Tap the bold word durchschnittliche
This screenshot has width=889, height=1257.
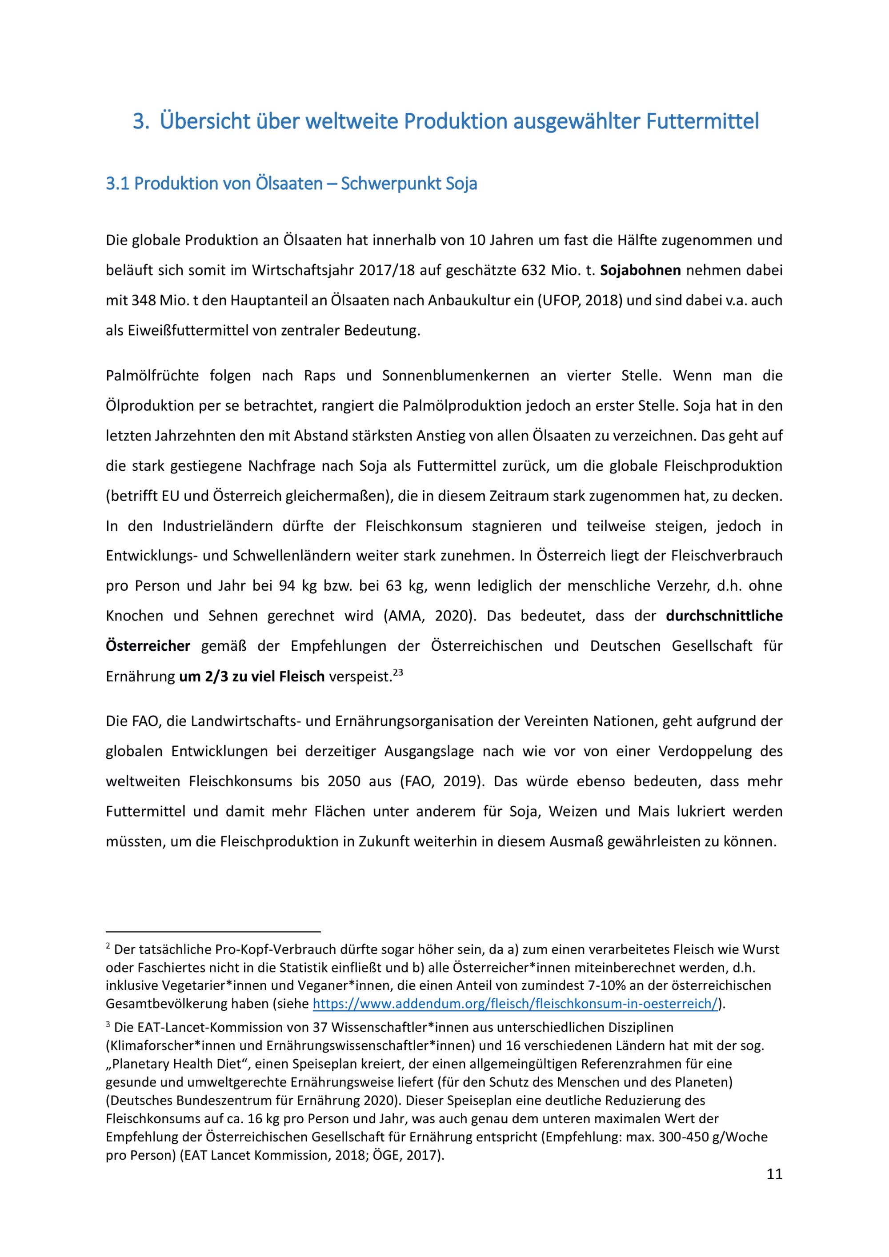(x=724, y=616)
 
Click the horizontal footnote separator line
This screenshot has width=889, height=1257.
(x=213, y=930)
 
